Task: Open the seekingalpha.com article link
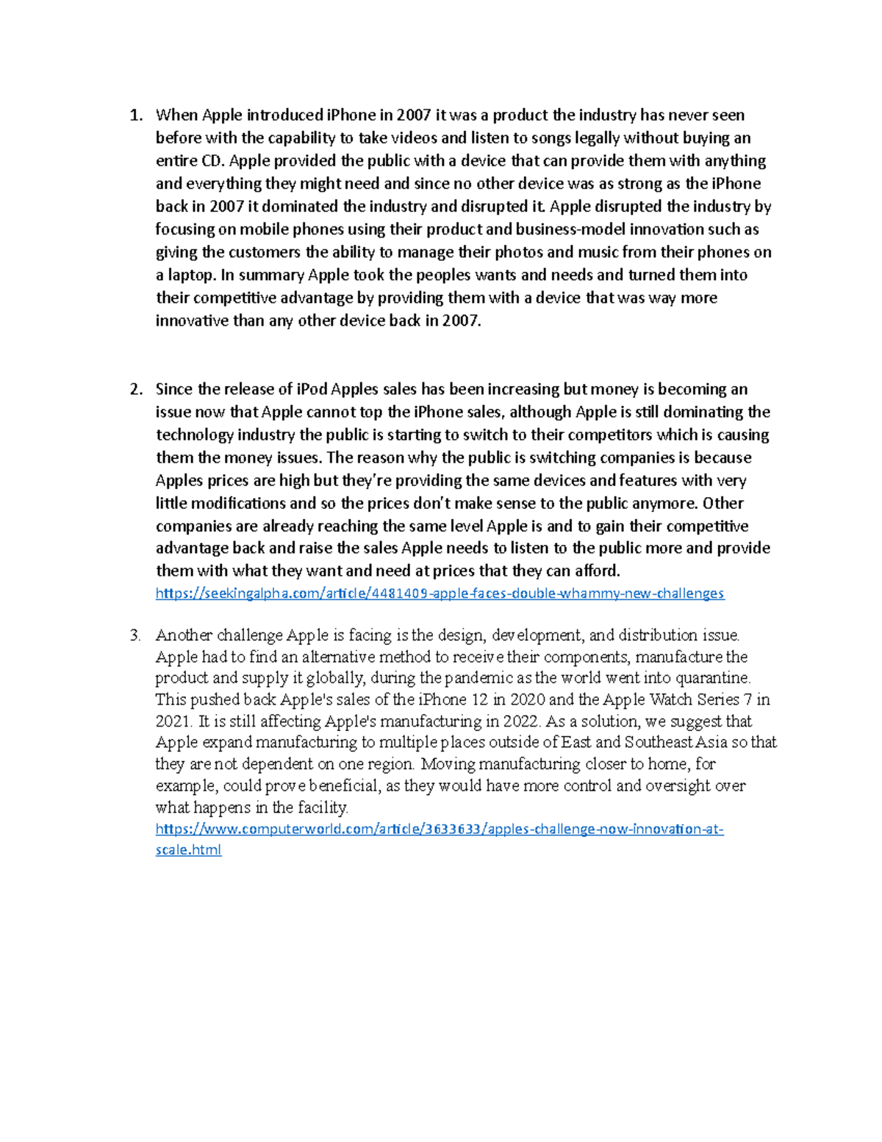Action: pyautogui.click(x=440, y=593)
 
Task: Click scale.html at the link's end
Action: pyautogui.click(x=188, y=850)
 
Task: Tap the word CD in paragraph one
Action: pyautogui.click(x=211, y=161)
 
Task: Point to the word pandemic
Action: pyautogui.click(x=488, y=678)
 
